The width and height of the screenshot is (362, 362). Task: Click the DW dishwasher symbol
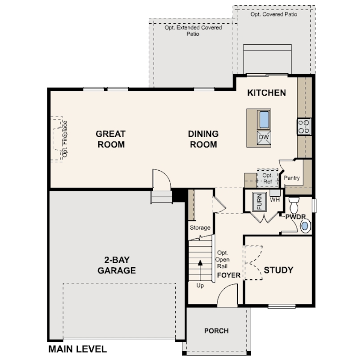click(x=264, y=137)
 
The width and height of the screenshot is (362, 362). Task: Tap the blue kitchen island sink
click(x=264, y=120)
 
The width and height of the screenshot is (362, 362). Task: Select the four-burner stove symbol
click(x=304, y=126)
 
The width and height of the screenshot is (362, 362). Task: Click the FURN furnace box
click(x=260, y=201)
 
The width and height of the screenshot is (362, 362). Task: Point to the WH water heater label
click(x=275, y=199)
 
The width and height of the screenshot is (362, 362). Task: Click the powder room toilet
click(x=294, y=205)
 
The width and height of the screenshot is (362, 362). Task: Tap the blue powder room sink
click(x=305, y=226)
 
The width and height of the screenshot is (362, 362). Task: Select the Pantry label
click(x=292, y=178)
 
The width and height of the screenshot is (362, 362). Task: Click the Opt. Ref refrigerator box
click(x=267, y=178)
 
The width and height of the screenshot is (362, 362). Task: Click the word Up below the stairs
click(x=200, y=286)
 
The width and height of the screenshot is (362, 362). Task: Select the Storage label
click(x=200, y=227)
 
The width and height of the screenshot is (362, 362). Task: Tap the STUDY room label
click(x=278, y=270)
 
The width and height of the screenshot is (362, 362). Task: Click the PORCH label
click(x=216, y=331)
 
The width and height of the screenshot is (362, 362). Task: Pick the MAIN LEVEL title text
click(x=78, y=349)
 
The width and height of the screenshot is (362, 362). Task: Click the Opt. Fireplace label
click(x=65, y=139)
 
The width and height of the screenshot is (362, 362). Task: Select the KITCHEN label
click(x=267, y=93)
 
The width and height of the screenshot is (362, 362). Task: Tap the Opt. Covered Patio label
click(x=274, y=14)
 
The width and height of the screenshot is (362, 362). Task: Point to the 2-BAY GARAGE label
click(x=117, y=265)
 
